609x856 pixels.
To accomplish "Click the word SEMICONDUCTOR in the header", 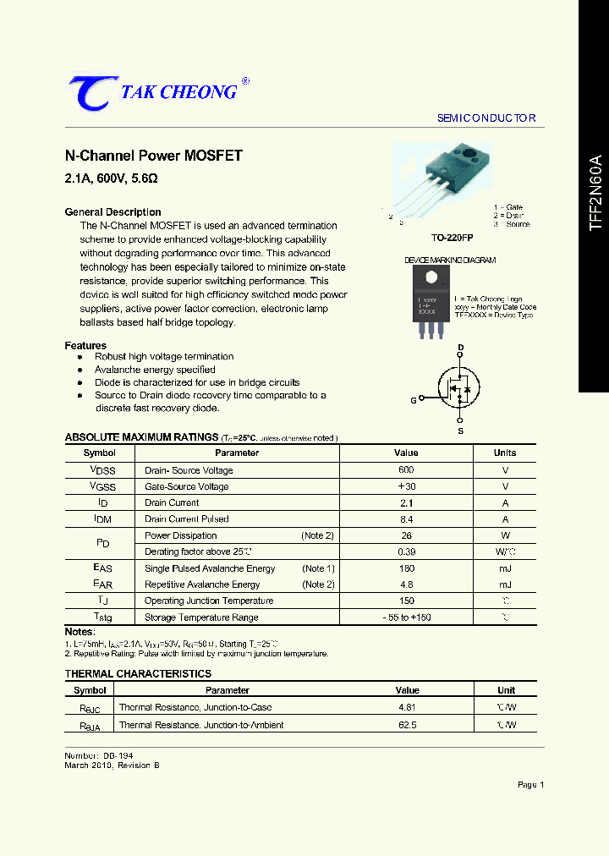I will point(486,118).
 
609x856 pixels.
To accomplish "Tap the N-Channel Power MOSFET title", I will point(154,156).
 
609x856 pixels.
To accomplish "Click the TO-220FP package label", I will point(452,239).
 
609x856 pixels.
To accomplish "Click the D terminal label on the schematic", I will point(461,348).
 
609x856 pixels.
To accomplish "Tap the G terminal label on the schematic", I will point(414,400).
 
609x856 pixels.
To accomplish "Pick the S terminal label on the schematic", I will point(461,431).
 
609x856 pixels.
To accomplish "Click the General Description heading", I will point(112,212).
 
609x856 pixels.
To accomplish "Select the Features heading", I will point(85,346).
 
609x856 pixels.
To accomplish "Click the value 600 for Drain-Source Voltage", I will point(406,470).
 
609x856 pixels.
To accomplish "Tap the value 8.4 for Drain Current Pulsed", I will point(406,519).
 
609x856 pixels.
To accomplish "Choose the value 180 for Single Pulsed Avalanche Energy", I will point(406,568).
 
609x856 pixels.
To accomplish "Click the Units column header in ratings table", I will point(505,453).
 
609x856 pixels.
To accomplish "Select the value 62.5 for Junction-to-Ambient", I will point(407,725).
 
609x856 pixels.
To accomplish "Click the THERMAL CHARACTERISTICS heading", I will point(138,674).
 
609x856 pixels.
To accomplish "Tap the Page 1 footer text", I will point(530,785).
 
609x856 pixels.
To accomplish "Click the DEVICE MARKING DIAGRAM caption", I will point(450,261).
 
